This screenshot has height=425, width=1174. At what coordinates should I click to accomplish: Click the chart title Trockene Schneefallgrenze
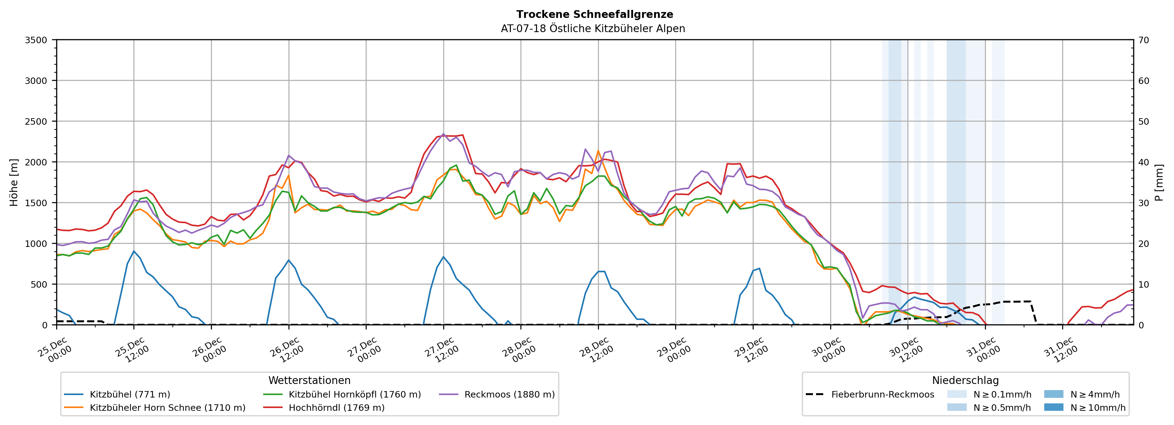click(x=594, y=15)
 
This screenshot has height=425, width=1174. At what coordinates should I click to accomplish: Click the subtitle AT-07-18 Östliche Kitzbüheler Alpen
click(x=592, y=29)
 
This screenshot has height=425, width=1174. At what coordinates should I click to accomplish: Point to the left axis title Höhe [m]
click(x=14, y=182)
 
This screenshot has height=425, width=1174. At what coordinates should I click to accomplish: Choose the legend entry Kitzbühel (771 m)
click(x=130, y=394)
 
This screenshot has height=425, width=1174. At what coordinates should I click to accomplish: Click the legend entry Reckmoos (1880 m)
click(x=509, y=394)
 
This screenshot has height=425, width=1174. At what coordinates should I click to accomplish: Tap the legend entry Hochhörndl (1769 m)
click(x=336, y=408)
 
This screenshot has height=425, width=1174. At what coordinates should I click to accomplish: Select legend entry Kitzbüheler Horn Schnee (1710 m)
click(x=167, y=408)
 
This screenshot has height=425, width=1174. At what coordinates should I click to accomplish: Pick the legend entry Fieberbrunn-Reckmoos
click(x=882, y=394)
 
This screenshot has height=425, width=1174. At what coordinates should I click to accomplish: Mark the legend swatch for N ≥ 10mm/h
click(x=1053, y=407)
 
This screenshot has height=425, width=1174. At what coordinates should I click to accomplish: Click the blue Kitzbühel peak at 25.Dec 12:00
click(x=133, y=251)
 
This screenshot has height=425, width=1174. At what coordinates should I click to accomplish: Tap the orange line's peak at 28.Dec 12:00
click(x=598, y=151)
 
